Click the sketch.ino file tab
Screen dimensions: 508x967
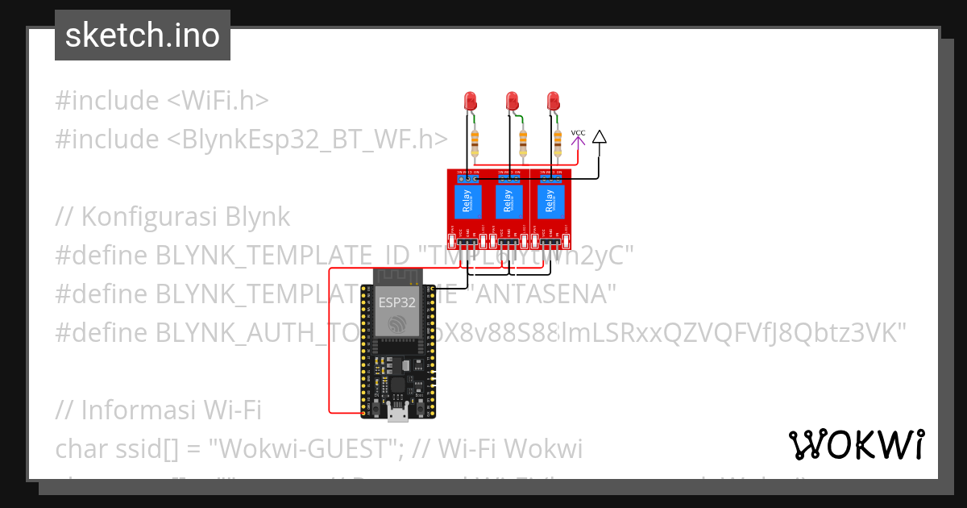point(142,35)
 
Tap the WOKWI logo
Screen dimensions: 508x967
point(856,444)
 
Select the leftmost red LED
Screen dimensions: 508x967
point(471,102)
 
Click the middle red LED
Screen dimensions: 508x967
point(512,102)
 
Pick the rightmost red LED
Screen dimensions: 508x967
point(553,102)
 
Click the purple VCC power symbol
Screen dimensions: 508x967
point(578,139)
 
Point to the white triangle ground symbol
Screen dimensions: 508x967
point(599,137)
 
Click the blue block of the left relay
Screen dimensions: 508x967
point(465,202)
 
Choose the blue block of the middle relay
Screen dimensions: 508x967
point(508,202)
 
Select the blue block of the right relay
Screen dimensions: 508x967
point(550,202)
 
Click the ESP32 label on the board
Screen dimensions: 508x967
point(396,303)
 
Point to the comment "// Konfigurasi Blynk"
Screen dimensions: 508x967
point(172,217)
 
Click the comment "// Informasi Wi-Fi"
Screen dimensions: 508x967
point(159,410)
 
